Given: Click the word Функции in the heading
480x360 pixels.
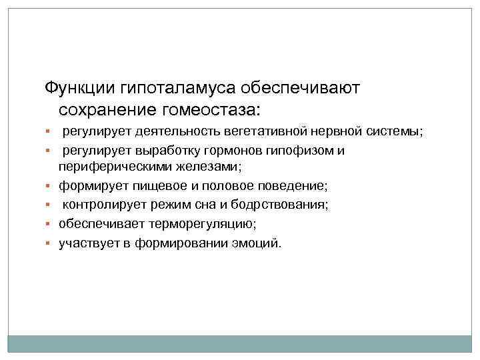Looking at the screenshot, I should coord(79,88).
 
